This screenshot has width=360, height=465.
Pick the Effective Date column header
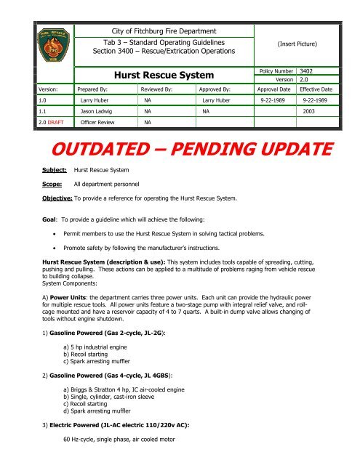(x=321, y=92)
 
